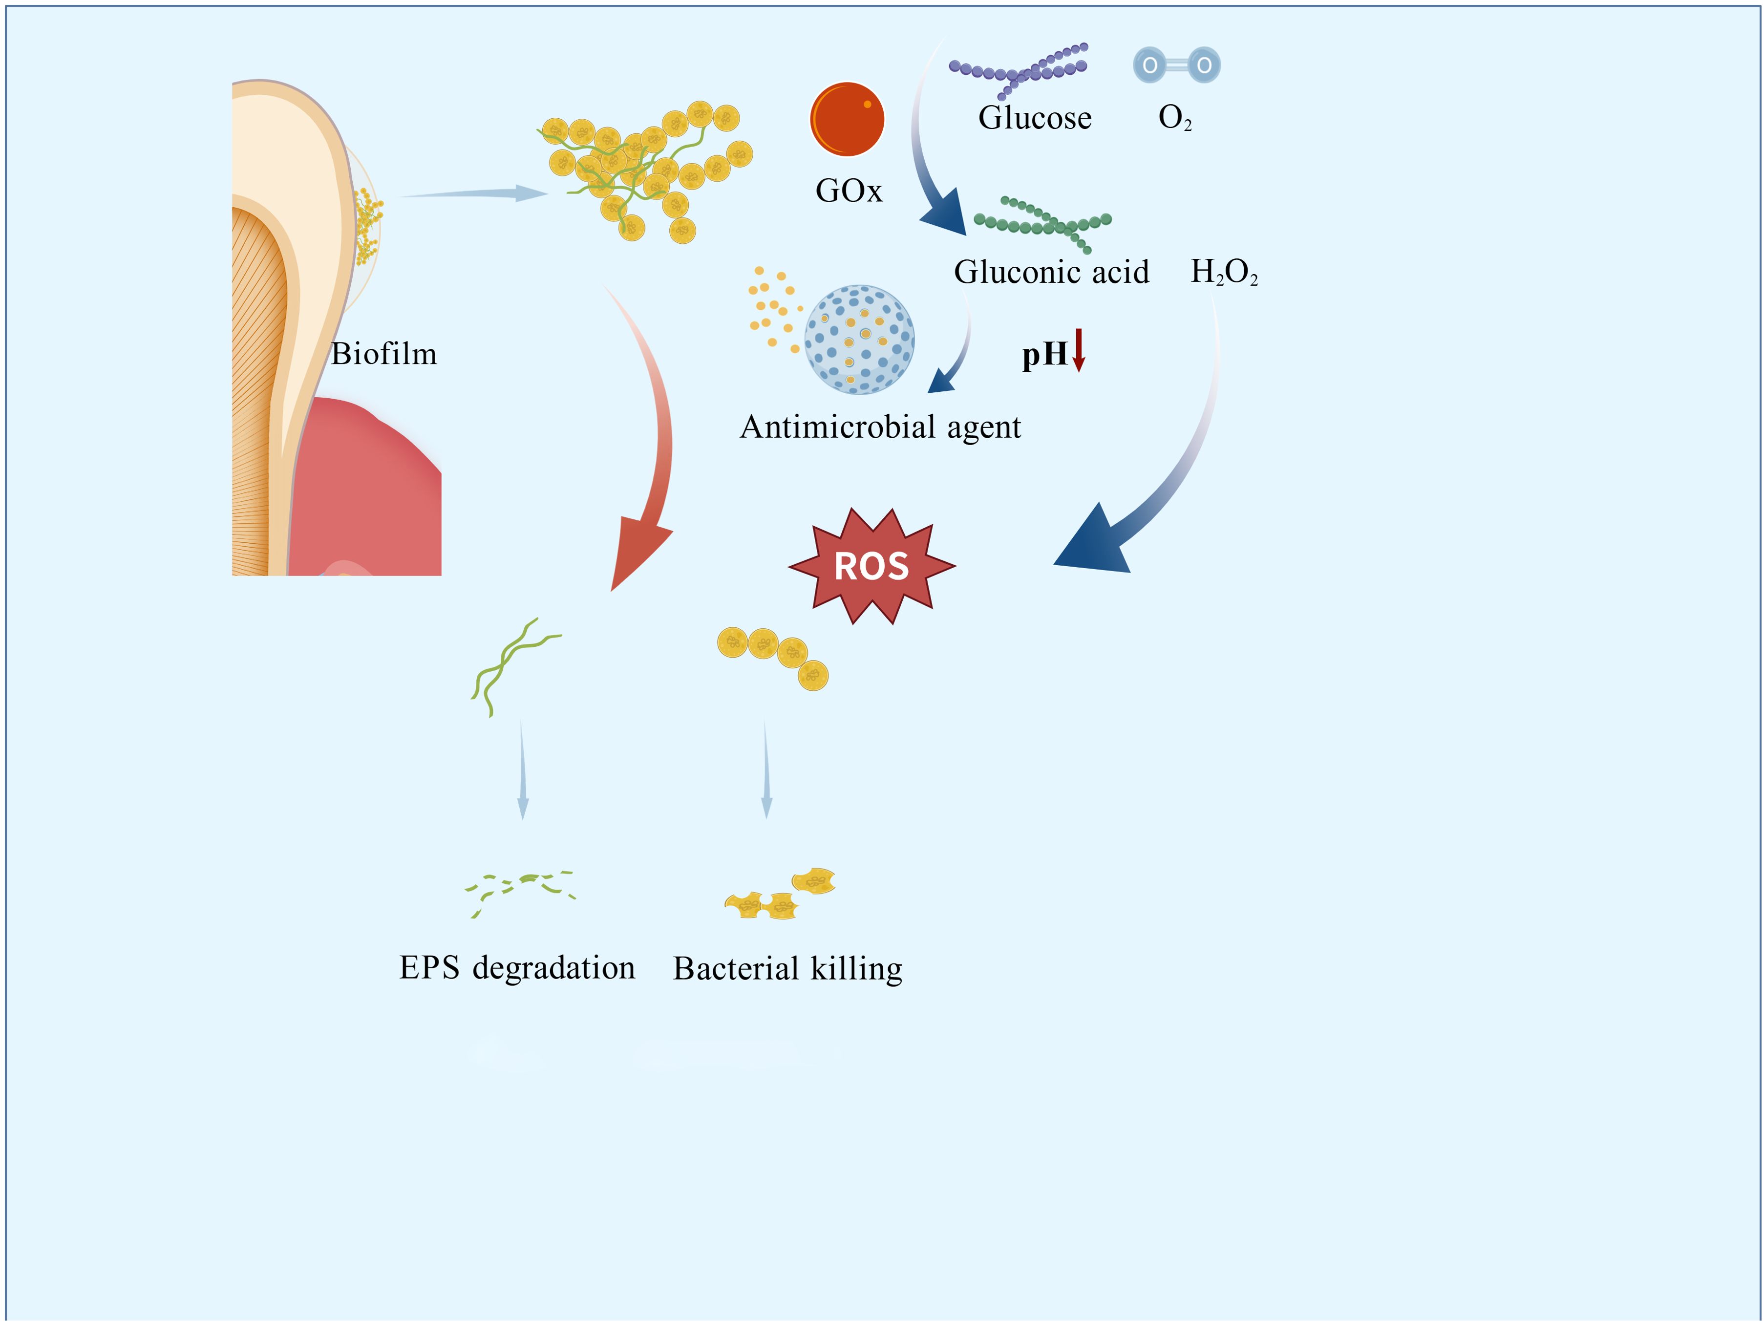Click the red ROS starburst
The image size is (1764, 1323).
point(871,566)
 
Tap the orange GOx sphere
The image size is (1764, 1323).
point(847,119)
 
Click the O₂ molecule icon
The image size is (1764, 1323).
point(1176,64)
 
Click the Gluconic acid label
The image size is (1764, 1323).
point(1051,272)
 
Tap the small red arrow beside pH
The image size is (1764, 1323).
point(1078,350)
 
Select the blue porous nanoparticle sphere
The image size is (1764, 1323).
point(859,340)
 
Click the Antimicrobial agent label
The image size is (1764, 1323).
point(880,427)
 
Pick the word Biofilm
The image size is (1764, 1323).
point(383,353)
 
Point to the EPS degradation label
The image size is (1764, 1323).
point(517,967)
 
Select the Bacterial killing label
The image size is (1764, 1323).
point(787,968)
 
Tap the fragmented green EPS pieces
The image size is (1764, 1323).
point(520,889)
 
